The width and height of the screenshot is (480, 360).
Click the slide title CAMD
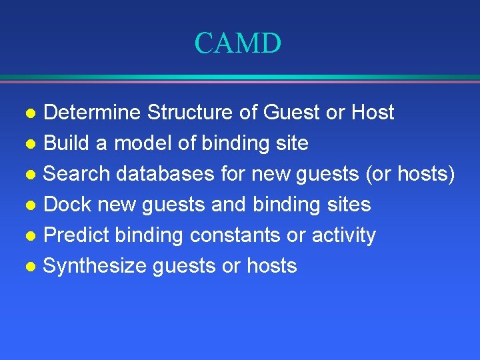pyautogui.click(x=238, y=44)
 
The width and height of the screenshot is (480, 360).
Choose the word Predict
pyautogui.click(x=76, y=235)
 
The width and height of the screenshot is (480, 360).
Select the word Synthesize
pyautogui.click(x=94, y=267)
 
